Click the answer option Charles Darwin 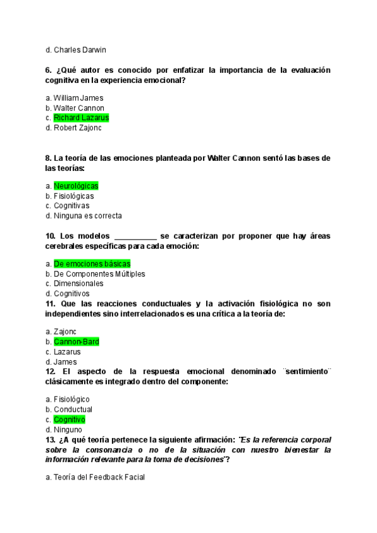coord(80,50)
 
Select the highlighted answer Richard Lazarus coord(81,118)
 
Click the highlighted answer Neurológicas coord(76,186)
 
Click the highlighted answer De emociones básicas coord(92,264)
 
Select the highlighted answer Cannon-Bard coord(76,342)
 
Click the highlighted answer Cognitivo coord(69,419)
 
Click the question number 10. coord(51,236)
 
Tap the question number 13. coord(51,439)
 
